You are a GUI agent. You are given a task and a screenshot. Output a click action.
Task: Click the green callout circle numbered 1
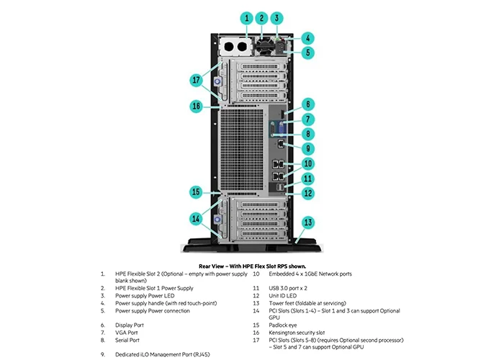click(x=246, y=18)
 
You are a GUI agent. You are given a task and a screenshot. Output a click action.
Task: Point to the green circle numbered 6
click(x=307, y=103)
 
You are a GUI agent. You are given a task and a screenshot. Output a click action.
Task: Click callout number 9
click(x=307, y=148)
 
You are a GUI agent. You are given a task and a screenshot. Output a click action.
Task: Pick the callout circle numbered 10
click(x=307, y=164)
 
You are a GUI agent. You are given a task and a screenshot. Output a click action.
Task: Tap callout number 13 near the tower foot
click(x=307, y=222)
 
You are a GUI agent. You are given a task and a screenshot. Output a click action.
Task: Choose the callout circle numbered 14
click(x=197, y=219)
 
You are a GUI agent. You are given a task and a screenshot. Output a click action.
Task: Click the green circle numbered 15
click(x=196, y=192)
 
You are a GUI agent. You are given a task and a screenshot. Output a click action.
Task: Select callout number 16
click(x=196, y=106)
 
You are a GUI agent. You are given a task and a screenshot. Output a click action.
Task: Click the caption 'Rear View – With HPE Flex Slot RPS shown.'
click(x=251, y=266)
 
